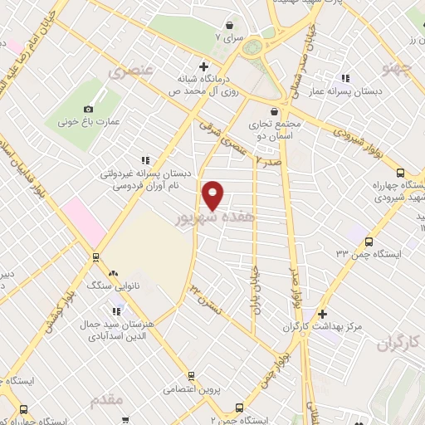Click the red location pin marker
tap(213, 195)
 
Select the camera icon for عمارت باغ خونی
tap(90, 109)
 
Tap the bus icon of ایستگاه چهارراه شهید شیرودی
tap(401, 173)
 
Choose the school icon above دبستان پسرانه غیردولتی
tap(145, 159)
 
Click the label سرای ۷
tap(230, 37)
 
